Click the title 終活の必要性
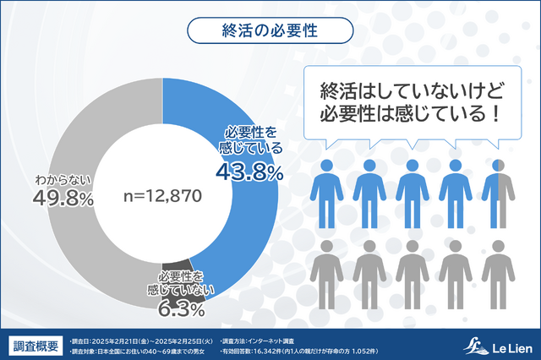[x=270, y=30]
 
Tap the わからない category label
[x=62, y=180]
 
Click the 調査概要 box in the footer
[x=36, y=346]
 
